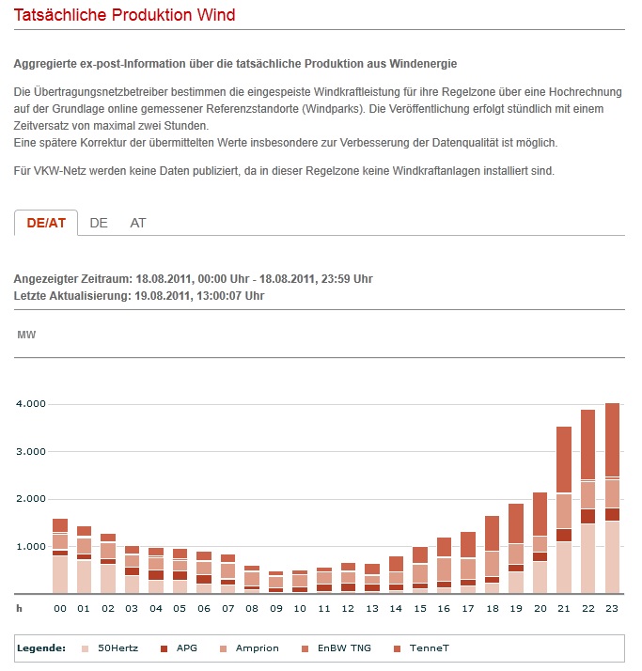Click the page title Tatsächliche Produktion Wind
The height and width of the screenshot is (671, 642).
point(124,15)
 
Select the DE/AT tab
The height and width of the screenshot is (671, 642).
point(46,223)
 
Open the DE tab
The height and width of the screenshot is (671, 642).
point(99,223)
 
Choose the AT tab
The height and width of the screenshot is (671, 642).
point(138,223)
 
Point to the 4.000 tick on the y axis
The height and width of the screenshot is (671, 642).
point(31,404)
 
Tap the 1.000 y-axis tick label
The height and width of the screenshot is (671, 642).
point(31,547)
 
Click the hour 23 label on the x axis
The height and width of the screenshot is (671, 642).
point(612,609)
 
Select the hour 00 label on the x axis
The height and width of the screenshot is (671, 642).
point(60,609)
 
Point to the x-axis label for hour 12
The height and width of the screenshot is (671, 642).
point(348,609)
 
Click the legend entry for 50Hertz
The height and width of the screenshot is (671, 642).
point(117,648)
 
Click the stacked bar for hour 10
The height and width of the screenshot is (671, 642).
point(300,582)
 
